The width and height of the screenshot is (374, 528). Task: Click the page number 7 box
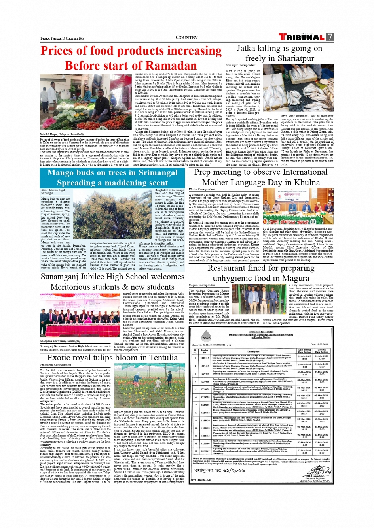(x=330, y=37)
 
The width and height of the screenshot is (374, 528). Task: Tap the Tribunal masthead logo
(x=302, y=37)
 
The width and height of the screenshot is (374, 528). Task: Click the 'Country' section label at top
(x=186, y=38)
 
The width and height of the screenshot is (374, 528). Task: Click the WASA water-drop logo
(x=206, y=338)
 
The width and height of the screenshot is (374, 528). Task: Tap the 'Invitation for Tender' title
(x=261, y=332)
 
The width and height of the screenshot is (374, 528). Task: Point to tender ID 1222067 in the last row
(x=205, y=451)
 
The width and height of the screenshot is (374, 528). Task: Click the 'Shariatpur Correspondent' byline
(x=241, y=66)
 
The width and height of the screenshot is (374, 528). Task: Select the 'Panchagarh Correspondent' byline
(x=55, y=365)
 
